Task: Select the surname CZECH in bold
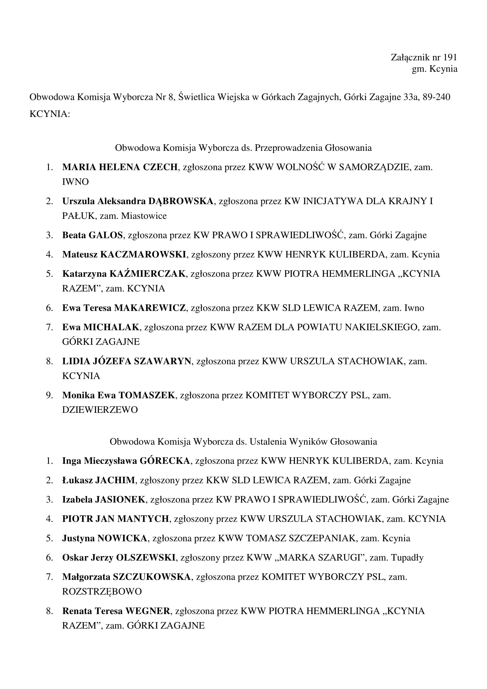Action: [x=160, y=167]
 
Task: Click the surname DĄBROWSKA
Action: [x=181, y=201]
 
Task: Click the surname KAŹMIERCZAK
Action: [x=147, y=274]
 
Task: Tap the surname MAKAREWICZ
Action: [x=150, y=308]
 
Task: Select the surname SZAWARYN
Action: [x=162, y=361]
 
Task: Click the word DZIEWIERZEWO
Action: [x=100, y=410]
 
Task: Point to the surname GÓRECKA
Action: [x=165, y=461]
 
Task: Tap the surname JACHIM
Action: [x=115, y=480]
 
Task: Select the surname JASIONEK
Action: [x=120, y=499]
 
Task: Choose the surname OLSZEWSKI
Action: [x=146, y=557]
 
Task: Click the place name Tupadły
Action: [x=407, y=557]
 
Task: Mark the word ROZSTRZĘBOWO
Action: [x=102, y=591]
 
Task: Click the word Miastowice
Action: [x=144, y=216]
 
